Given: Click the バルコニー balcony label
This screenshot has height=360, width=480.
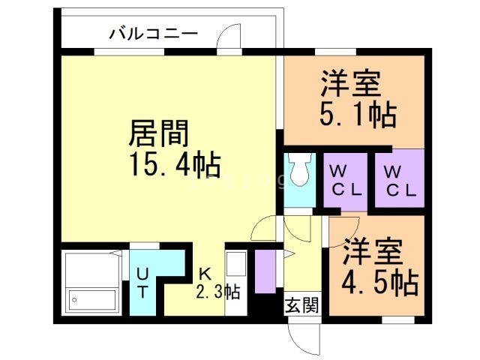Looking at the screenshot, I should pos(153,33).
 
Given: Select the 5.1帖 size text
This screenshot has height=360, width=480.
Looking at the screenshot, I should pos(352,114).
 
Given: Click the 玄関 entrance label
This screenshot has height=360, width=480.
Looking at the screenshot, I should pos(302,305).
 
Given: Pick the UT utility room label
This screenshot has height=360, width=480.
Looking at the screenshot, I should pos(142,281).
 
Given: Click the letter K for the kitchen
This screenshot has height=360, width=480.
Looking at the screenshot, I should pos(204,273).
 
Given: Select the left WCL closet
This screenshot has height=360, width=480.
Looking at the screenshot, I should pos(345,180).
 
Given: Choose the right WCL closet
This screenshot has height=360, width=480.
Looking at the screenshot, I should pos(399,180).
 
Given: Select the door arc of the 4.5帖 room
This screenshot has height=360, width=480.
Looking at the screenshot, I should pos(341,229).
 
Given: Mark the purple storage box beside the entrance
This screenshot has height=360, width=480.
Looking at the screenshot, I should pos(265,271).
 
